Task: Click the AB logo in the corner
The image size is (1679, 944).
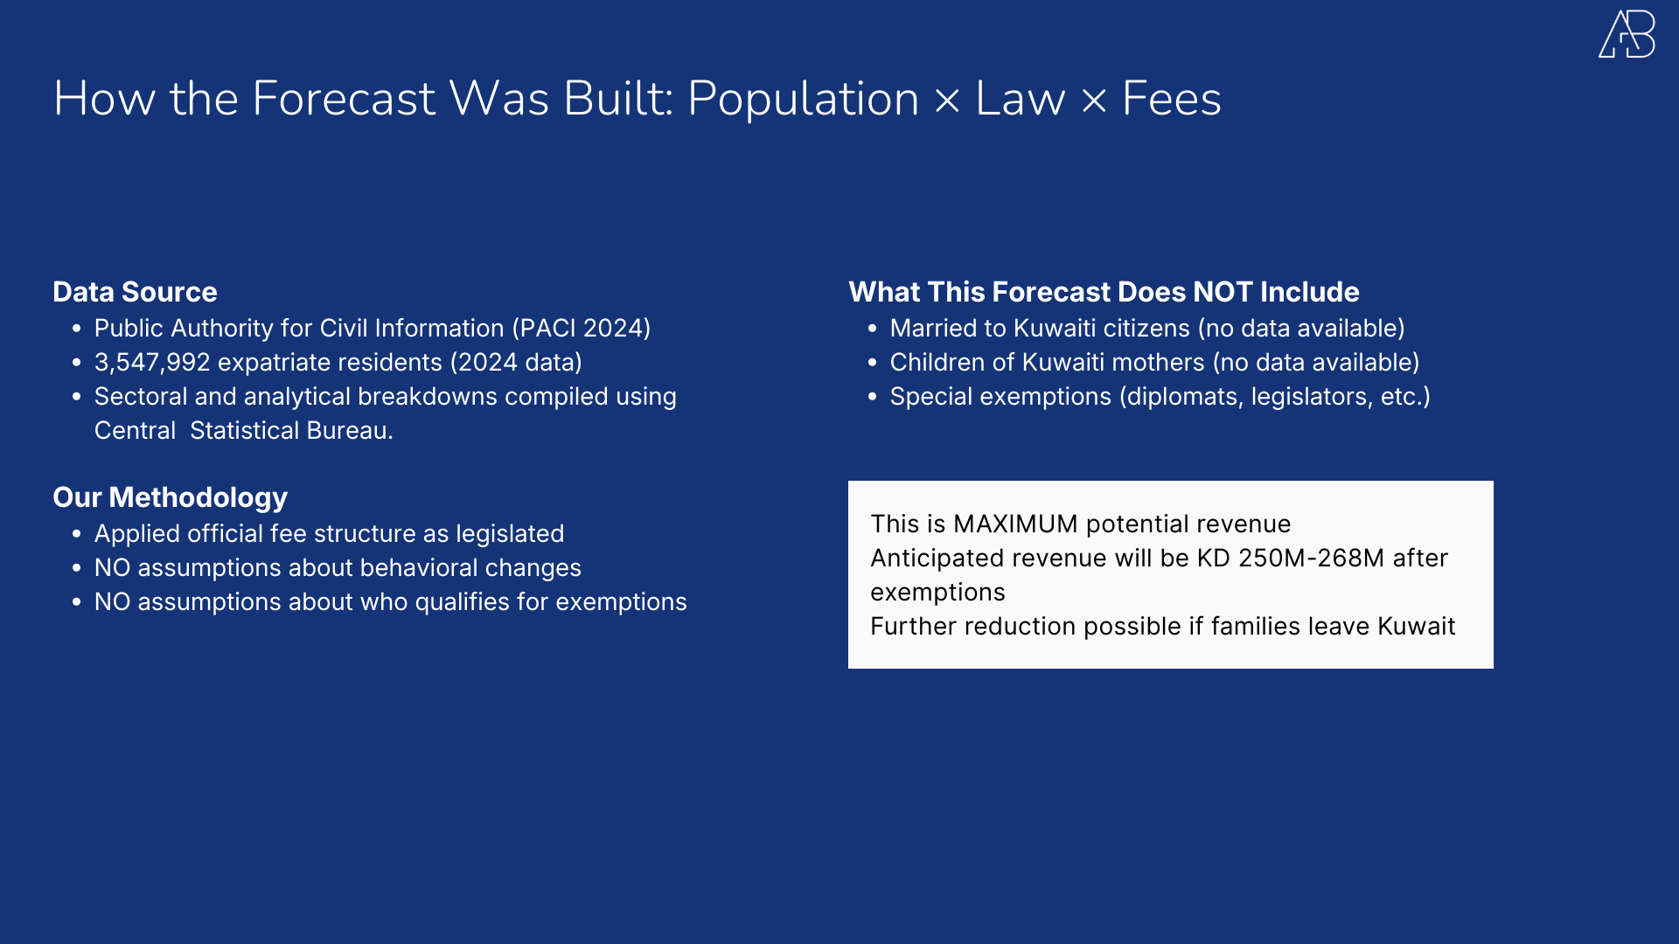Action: point(1627,35)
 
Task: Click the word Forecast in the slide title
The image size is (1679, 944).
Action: point(343,98)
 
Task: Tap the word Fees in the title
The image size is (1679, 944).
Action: point(1171,98)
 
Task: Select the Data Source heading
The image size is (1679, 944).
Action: point(135,292)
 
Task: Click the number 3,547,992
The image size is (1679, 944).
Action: point(152,363)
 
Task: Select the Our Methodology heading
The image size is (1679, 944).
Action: point(170,497)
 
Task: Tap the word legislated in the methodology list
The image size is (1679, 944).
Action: point(509,534)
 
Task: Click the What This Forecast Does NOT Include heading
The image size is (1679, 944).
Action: point(1104,292)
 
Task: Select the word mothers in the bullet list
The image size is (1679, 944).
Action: point(1150,363)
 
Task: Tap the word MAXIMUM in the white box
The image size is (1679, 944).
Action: point(1014,524)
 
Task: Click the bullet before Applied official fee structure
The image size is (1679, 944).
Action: point(77,534)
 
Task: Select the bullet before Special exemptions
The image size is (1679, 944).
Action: point(872,397)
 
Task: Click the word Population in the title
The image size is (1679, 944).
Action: point(803,98)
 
